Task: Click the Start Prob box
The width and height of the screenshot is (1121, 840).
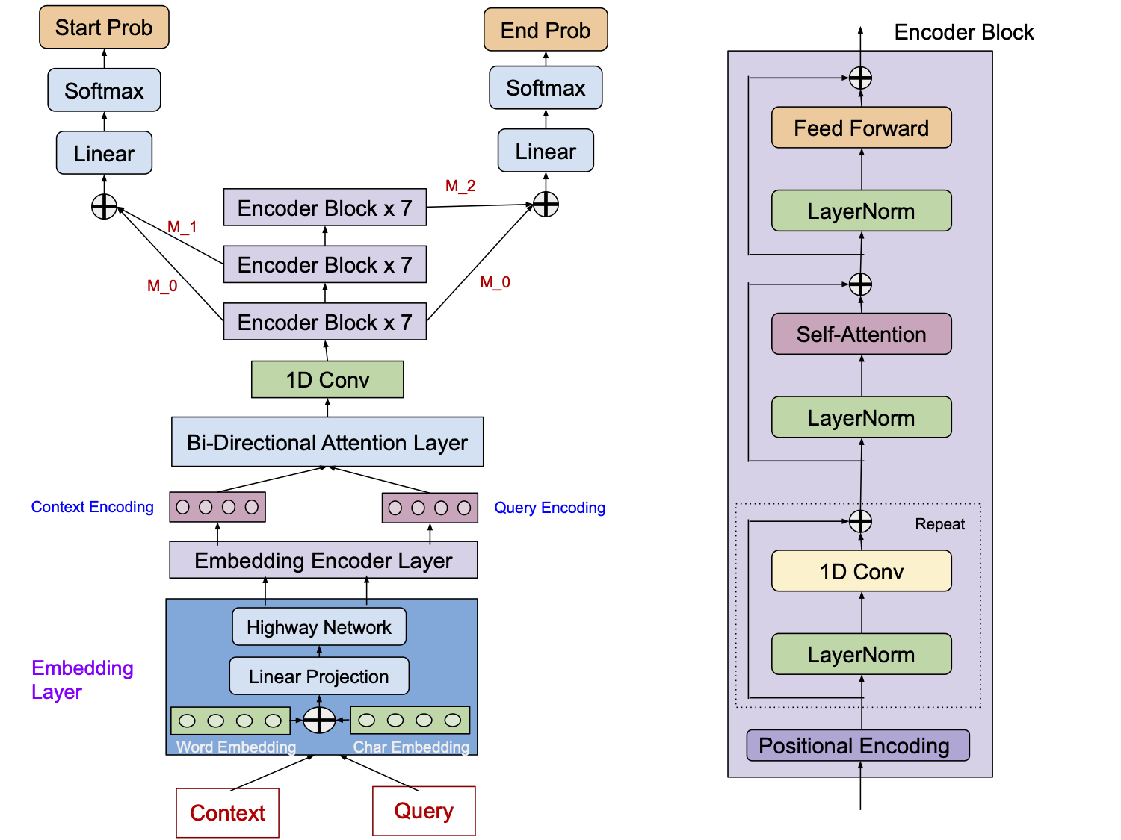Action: [x=104, y=28]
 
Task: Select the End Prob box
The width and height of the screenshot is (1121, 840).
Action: [x=546, y=30]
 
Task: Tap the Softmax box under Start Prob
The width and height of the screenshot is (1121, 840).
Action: [x=104, y=90]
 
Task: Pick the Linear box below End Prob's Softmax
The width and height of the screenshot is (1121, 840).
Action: [x=546, y=151]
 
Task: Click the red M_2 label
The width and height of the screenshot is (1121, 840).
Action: [x=460, y=186]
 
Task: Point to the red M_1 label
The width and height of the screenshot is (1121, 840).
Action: [x=182, y=227]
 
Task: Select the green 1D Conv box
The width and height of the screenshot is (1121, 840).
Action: [x=327, y=379]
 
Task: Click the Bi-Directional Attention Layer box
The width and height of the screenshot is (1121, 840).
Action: [x=327, y=442]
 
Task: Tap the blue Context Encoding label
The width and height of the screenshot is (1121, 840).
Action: [x=93, y=507]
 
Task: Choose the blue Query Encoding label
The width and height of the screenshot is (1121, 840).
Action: [x=549, y=508]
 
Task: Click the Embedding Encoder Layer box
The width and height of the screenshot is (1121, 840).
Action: [x=323, y=560]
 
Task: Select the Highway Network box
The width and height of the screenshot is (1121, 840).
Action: [x=319, y=627]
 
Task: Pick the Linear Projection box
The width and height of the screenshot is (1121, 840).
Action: [x=319, y=676]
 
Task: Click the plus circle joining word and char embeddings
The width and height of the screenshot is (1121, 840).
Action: [x=319, y=720]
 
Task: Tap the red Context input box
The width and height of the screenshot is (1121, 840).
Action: [x=227, y=812]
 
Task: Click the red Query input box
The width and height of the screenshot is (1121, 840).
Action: [x=424, y=811]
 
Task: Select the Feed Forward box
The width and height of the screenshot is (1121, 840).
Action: [x=861, y=128]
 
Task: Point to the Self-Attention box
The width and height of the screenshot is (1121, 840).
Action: [x=861, y=334]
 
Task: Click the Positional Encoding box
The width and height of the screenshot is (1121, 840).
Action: [x=857, y=745]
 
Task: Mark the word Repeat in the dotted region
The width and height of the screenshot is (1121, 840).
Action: [x=939, y=524]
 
